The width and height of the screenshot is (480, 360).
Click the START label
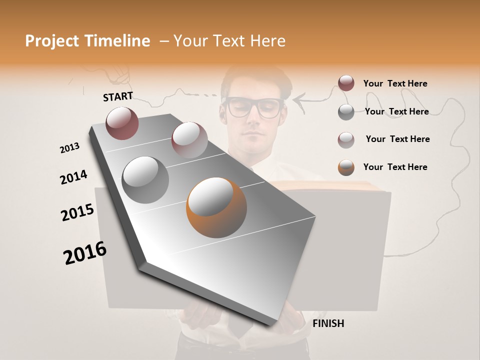[118, 96]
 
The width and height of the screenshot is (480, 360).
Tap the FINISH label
[328, 323]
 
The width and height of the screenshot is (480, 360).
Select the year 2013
[69, 148]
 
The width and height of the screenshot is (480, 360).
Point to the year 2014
[73, 177]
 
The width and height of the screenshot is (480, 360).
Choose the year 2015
[77, 212]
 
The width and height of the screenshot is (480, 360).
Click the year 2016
[85, 253]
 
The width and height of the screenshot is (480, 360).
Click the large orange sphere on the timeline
[216, 207]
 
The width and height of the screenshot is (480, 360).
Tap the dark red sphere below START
[122, 123]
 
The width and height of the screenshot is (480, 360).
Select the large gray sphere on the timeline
[145, 179]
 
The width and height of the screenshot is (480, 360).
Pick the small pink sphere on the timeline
[189, 139]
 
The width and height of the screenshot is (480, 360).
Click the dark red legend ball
[346, 83]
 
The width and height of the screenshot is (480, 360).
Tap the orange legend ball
[346, 167]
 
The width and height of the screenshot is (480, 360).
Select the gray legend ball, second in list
[346, 111]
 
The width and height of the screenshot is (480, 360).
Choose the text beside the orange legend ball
[395, 167]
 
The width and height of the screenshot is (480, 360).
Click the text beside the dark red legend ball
[395, 83]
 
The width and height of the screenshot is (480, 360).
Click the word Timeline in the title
[116, 41]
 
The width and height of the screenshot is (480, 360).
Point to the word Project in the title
[52, 41]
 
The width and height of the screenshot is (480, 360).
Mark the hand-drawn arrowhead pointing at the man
[297, 101]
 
